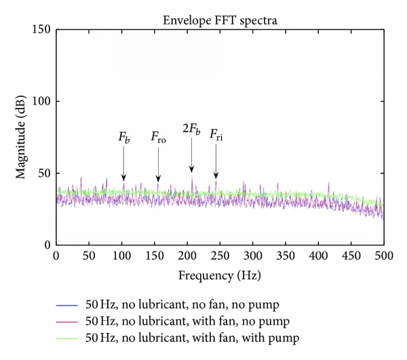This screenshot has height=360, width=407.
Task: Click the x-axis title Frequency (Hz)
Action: (x=220, y=276)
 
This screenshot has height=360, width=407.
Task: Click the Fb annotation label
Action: (x=124, y=138)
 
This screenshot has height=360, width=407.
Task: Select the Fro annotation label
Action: (x=158, y=139)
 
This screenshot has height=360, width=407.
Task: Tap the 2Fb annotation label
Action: (x=191, y=129)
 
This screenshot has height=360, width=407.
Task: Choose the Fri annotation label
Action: (x=216, y=134)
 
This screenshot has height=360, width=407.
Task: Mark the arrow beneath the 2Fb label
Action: (x=192, y=156)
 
